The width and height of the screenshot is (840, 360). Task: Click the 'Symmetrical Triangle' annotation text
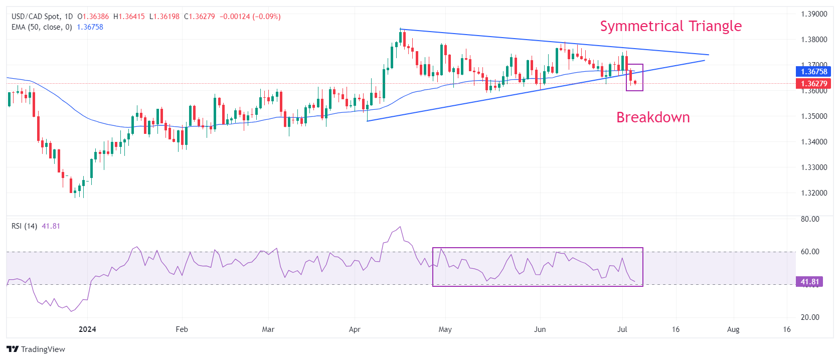tap(670, 26)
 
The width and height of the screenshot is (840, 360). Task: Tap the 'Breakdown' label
tap(653, 117)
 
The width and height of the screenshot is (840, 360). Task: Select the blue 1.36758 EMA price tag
tap(813, 72)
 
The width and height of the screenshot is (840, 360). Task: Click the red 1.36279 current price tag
tap(813, 84)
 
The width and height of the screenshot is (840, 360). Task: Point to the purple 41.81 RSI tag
tap(809, 282)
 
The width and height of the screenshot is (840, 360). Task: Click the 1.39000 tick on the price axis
tap(814, 14)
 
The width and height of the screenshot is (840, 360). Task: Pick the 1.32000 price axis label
tap(814, 193)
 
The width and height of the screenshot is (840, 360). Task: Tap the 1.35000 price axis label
tap(814, 116)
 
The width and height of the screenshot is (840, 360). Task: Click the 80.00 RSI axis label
tap(810, 219)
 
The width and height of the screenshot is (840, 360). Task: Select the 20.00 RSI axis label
tap(810, 317)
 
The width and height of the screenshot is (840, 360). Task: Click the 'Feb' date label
tap(182, 329)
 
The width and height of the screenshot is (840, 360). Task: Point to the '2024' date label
tap(87, 329)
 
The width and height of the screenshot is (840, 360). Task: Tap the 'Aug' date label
tap(733, 329)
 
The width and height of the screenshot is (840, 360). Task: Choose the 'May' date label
tap(445, 329)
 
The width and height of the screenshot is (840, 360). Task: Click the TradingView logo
tap(36, 349)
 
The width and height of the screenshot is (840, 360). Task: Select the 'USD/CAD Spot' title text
tap(35, 17)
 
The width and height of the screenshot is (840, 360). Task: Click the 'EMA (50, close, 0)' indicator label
tap(42, 27)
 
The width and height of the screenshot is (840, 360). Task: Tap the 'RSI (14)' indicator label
tap(24, 226)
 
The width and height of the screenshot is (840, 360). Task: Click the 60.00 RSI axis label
tap(810, 252)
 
